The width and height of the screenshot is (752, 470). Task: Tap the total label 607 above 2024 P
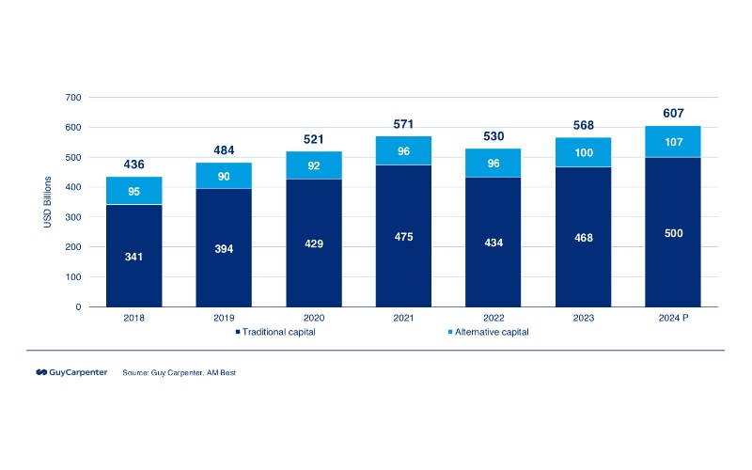672,113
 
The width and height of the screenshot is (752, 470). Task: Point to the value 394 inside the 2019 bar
224,249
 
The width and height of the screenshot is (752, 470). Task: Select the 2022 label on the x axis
493,318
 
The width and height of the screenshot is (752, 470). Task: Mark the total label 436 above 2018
133,164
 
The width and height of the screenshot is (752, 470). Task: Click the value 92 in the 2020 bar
313,166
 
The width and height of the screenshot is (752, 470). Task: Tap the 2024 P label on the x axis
672,318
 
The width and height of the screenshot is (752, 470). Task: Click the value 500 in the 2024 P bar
672,233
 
